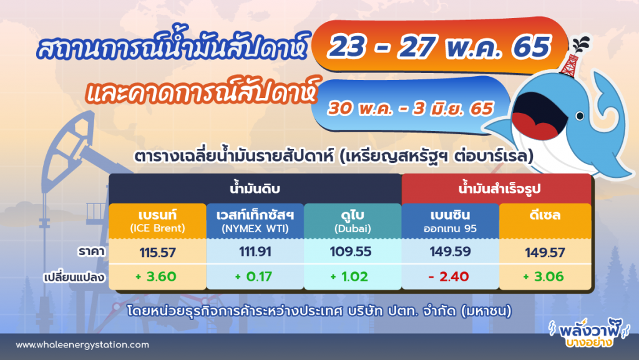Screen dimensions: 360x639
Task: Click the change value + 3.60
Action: [157, 276]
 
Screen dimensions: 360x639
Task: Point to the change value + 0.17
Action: [255, 276]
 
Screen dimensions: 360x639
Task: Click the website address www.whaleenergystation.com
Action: [82, 344]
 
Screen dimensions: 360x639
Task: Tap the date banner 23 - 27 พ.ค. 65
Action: [439, 47]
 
